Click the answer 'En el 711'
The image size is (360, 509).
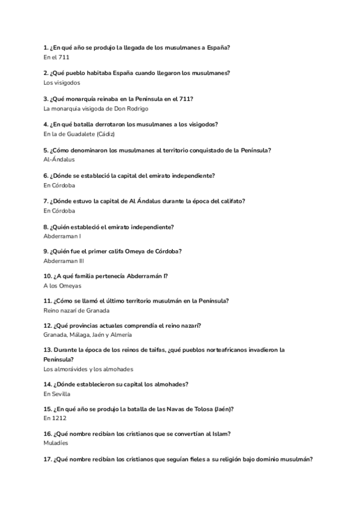56,57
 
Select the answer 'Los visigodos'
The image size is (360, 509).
62,83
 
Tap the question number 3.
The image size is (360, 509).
46,98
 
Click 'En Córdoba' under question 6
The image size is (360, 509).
59,186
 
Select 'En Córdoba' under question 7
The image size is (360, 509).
59,211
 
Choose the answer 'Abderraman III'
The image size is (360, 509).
64,262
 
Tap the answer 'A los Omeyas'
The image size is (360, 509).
62,286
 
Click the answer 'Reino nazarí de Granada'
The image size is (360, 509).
77,311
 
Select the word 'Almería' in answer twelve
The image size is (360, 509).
121,335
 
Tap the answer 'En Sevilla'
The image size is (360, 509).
57,394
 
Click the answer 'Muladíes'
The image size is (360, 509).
56,443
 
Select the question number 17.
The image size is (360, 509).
48,459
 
